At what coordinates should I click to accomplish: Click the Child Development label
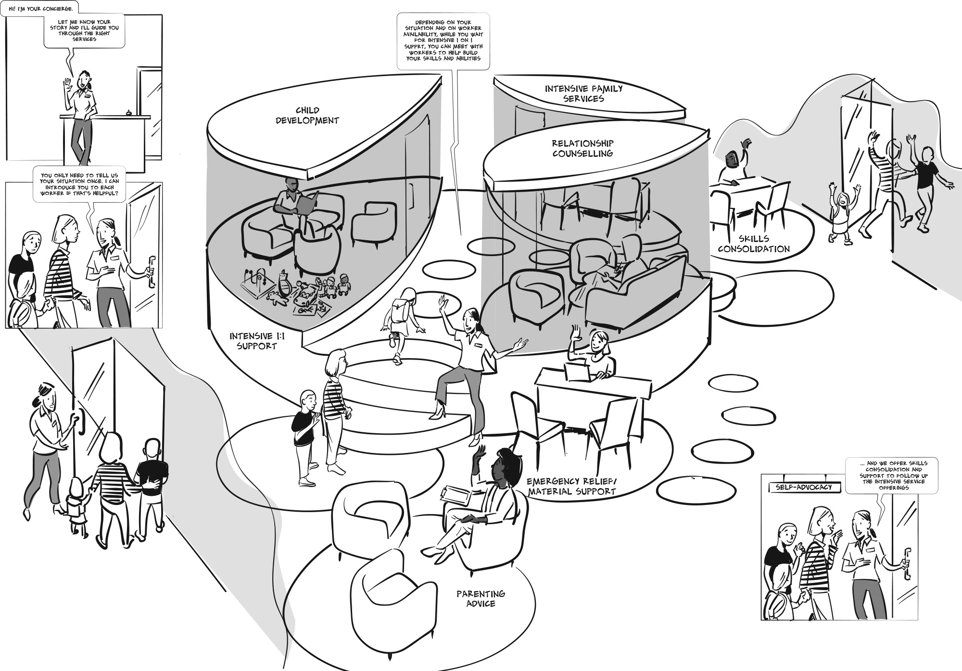[x=307, y=116]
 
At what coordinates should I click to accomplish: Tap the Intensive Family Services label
[x=583, y=93]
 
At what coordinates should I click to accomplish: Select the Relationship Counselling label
[x=582, y=148]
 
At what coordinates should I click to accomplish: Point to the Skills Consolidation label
[x=753, y=244]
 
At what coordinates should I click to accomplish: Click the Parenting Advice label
[x=481, y=598]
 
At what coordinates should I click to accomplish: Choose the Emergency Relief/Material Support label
[x=571, y=487]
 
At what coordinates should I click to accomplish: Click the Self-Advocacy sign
[x=804, y=488]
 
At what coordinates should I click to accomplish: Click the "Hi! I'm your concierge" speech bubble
[x=38, y=9]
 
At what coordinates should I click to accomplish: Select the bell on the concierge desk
[x=129, y=113]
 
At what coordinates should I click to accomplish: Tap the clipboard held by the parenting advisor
[x=456, y=495]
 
